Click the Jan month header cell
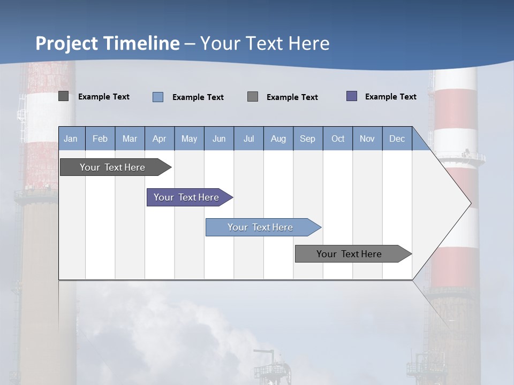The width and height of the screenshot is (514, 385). pos(71,138)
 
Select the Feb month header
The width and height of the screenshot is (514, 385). pos(100,138)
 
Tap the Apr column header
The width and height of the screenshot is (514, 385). pos(159,138)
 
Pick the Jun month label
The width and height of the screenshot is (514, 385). pos(219,138)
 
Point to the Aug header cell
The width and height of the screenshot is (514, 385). pos(278,138)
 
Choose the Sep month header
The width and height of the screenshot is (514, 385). pos(307,138)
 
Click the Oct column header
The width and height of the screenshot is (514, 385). pos(338,138)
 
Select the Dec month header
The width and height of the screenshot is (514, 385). pos(397,138)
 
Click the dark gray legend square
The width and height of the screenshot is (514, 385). pos(64,96)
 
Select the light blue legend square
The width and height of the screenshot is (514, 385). pos(158,97)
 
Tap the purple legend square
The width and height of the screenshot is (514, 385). pos(352,96)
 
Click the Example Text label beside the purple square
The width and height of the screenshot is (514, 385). pos(390,97)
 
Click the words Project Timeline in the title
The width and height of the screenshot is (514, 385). pos(108,43)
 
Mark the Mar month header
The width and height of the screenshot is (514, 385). pos(130,138)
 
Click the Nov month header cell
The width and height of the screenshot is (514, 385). pos(367,138)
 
